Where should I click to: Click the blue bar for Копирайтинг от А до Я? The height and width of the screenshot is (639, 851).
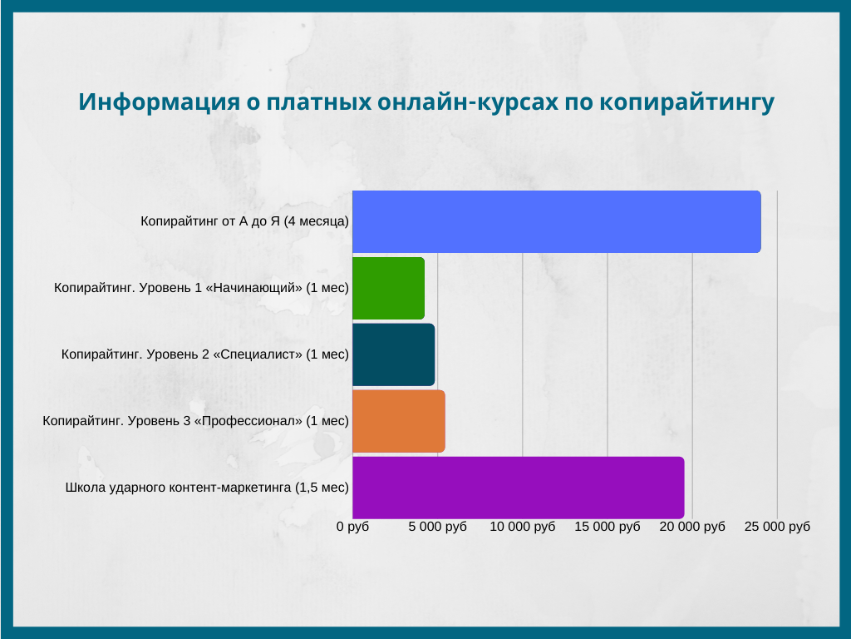(x=556, y=221)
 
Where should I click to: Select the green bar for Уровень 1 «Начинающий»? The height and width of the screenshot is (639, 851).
(x=389, y=288)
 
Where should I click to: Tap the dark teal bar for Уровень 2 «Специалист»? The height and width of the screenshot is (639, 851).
(x=393, y=354)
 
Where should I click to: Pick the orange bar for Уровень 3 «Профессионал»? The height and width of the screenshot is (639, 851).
(x=399, y=421)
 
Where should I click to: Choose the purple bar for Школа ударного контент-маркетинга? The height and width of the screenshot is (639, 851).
(x=519, y=488)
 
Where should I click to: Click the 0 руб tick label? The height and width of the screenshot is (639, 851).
(x=352, y=527)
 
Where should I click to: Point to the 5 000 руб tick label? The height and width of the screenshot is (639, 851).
(x=437, y=527)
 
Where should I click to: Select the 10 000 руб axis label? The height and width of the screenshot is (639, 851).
(x=523, y=527)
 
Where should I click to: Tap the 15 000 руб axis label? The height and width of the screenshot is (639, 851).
(x=608, y=527)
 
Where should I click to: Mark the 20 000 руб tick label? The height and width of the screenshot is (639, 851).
(x=692, y=527)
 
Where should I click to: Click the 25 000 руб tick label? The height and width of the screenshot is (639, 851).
(x=777, y=527)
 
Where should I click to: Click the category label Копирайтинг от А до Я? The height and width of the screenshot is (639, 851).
(x=245, y=221)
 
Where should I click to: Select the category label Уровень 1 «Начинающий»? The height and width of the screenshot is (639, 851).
(x=201, y=288)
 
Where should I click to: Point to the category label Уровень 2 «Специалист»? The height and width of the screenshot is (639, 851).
(x=205, y=354)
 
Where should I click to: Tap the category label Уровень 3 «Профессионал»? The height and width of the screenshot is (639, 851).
(x=196, y=421)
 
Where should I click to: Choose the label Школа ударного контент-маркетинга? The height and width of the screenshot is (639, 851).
(x=207, y=488)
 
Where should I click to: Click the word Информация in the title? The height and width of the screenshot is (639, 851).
(x=159, y=102)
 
